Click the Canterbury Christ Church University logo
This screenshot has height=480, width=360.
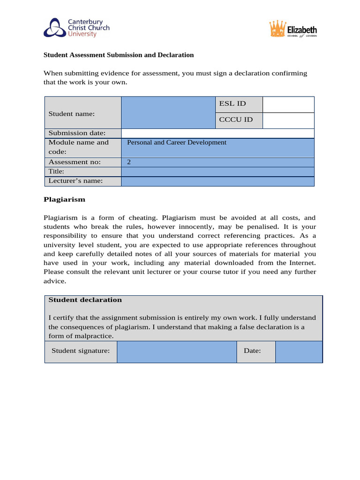(76, 28)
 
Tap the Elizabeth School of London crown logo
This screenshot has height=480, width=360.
(293, 30)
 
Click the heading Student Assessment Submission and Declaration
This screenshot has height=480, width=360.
(119, 55)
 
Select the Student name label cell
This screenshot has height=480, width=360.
(72, 113)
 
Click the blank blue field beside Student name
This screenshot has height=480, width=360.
(168, 112)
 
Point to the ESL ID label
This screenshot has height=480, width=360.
(232, 104)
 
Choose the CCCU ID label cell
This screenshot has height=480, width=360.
(236, 120)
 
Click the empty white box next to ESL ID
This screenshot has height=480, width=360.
(288, 105)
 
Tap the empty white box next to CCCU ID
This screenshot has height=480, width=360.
(288, 120)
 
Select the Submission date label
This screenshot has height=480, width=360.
(77, 133)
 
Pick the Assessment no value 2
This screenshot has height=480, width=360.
(129, 162)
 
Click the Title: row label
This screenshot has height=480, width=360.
(56, 172)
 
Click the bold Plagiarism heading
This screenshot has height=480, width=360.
(65, 199)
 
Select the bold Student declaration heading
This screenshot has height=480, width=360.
(85, 300)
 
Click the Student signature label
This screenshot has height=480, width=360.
(81, 351)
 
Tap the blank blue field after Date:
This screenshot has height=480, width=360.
(299, 352)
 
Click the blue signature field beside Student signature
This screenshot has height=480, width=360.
(176, 352)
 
